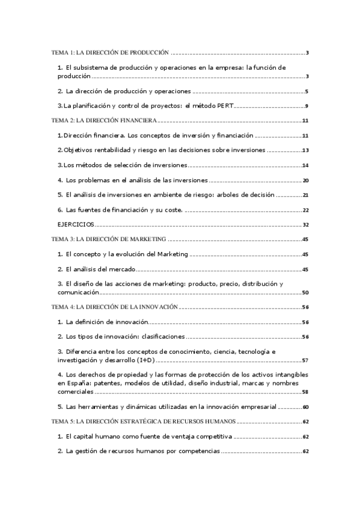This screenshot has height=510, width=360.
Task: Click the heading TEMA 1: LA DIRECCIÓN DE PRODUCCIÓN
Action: tap(111, 53)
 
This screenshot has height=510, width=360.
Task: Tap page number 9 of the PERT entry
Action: tap(307, 106)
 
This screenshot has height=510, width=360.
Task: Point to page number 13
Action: tap(305, 150)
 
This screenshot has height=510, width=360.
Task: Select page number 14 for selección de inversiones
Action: tap(305, 165)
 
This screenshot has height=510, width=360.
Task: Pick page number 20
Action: tap(305, 180)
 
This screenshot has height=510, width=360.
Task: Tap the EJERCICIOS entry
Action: tap(76, 224)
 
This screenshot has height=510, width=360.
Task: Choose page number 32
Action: tap(305, 224)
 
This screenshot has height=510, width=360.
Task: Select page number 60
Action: tap(305, 407)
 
